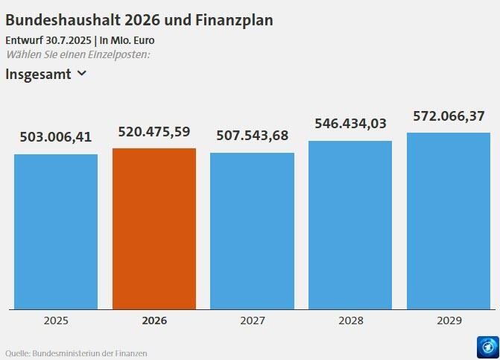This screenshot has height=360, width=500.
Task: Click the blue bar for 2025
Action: pos(56,231)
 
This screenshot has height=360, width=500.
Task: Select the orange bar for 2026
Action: pos(154,228)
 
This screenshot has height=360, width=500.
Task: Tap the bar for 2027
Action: pos(252,230)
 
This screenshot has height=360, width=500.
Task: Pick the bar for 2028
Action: pos(350,224)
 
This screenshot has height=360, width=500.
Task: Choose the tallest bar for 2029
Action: pos(449,221)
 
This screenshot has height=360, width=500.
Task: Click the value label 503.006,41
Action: pos(56,137)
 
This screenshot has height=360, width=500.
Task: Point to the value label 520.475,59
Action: pos(154,132)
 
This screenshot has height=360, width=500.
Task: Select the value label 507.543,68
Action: pos(252,136)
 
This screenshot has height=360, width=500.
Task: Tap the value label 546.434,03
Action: pos(350,124)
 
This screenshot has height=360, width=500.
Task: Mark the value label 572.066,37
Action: pos(449,116)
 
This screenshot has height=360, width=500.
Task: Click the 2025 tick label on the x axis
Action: pos(56,320)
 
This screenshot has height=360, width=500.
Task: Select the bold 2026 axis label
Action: pos(154,320)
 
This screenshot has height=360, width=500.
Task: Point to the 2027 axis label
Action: pos(252,320)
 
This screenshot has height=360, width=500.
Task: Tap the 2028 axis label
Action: pos(350,320)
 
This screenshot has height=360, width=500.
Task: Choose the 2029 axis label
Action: pos(449,320)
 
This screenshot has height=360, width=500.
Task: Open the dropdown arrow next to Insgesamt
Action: pos(82,74)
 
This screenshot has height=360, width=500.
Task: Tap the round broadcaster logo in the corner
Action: pos(487,347)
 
